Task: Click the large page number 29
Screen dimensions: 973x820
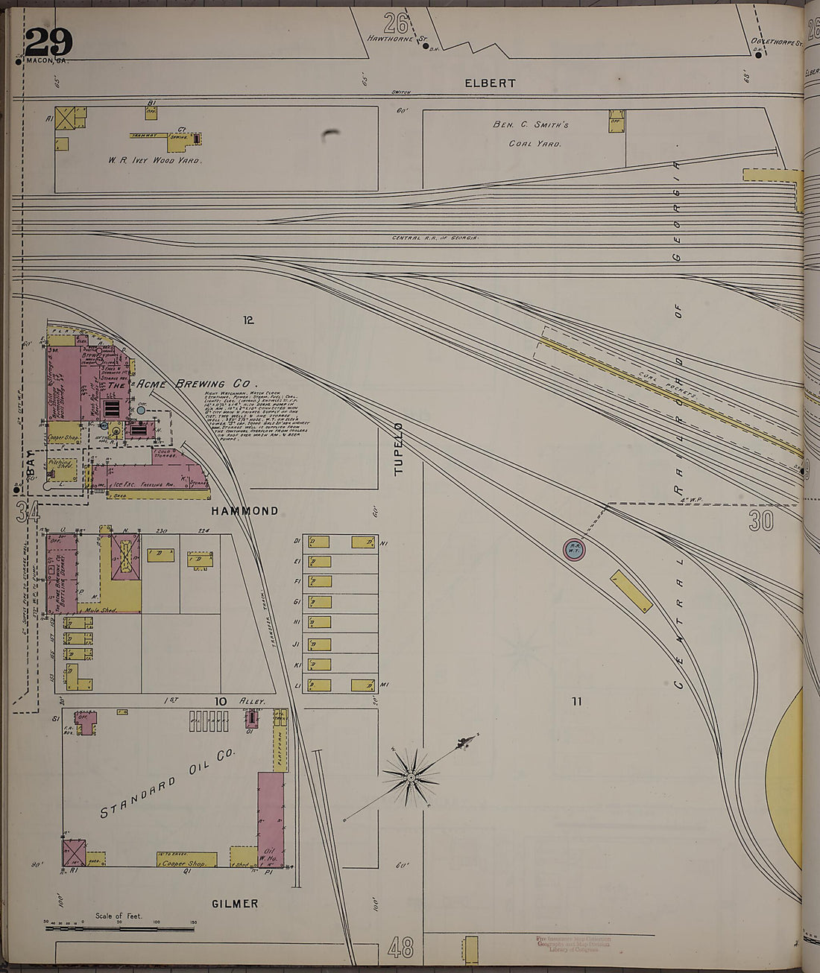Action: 48,42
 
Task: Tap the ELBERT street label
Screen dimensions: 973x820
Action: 490,83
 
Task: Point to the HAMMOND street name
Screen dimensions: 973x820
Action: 245,511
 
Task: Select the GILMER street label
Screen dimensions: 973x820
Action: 235,904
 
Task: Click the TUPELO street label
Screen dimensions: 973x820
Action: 398,449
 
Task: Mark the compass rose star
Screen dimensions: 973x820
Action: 411,778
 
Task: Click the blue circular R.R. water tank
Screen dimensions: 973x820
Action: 574,550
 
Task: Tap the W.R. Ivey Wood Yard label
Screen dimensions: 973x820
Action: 154,159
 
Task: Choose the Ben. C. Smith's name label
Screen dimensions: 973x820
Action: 531,124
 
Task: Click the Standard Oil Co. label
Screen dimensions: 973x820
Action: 168,785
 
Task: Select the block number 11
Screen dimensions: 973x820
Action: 576,700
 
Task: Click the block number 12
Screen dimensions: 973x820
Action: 248,320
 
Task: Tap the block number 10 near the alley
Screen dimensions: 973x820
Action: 220,701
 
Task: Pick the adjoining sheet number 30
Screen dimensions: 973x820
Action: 760,520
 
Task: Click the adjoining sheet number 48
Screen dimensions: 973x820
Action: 400,948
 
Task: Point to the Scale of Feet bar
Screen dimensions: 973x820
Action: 119,928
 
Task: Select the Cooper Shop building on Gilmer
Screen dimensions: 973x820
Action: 186,861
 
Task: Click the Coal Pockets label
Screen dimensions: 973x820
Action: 669,386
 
